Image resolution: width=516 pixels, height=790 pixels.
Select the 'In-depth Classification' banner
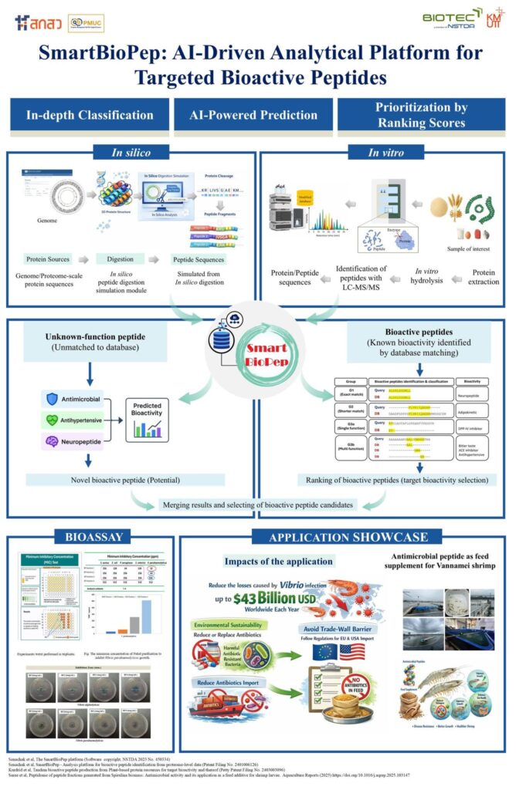click(90, 116)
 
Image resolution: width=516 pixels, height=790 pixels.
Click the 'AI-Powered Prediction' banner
click(253, 116)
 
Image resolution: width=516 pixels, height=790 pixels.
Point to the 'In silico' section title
click(131, 153)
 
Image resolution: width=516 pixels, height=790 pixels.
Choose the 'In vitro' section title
click(384, 153)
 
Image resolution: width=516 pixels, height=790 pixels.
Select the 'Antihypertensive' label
click(74, 420)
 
